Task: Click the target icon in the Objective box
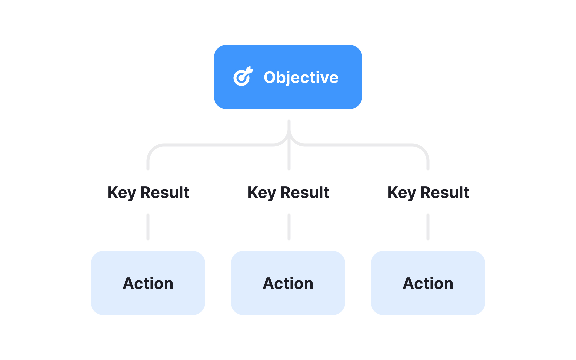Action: pos(243,77)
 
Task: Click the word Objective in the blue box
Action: pos(301,77)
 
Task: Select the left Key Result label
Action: pos(148,193)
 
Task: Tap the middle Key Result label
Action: pos(288,193)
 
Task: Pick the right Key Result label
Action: pos(428,193)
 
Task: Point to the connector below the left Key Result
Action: pos(148,227)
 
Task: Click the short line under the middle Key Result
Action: pos(289,227)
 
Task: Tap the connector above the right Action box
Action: pos(428,227)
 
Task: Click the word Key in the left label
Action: pos(122,193)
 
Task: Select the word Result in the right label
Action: pos(445,193)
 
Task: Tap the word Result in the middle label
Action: pos(305,193)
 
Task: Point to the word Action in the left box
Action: pos(148,283)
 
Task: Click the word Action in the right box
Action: pos(428,283)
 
